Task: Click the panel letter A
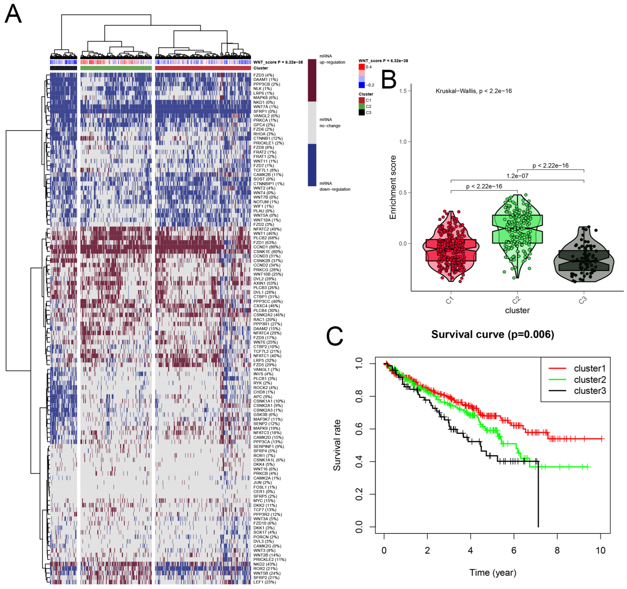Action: point(13,14)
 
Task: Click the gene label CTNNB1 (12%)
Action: point(268,138)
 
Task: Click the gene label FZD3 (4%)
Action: point(263,75)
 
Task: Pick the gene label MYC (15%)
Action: point(264,501)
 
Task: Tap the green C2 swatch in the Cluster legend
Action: point(362,106)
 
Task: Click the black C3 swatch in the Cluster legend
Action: point(362,112)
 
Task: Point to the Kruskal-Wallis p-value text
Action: point(473,91)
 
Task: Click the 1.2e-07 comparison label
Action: point(517,176)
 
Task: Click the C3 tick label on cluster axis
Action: point(582,300)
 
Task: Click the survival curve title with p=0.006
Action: point(493,334)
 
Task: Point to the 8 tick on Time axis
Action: point(557,551)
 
